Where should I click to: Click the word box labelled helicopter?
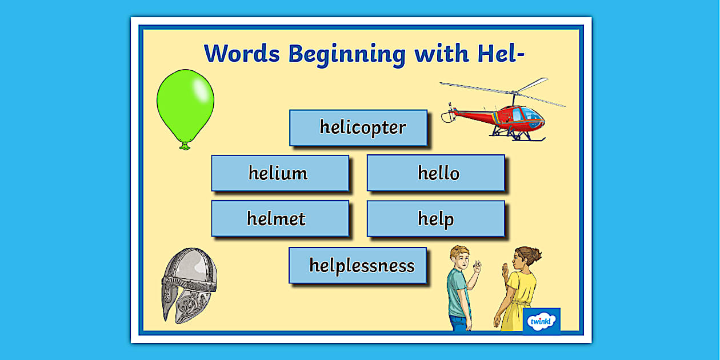tap(358, 127)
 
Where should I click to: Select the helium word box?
tap(280, 173)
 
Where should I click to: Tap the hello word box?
tap(435, 173)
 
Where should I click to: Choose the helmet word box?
tap(280, 218)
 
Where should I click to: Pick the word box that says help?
tap(435, 218)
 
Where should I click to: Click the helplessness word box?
tap(358, 265)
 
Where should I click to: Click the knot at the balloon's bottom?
tap(185, 146)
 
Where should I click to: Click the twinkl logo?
tap(541, 321)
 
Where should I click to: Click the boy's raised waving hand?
tap(476, 266)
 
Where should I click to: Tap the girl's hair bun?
tap(537, 254)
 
